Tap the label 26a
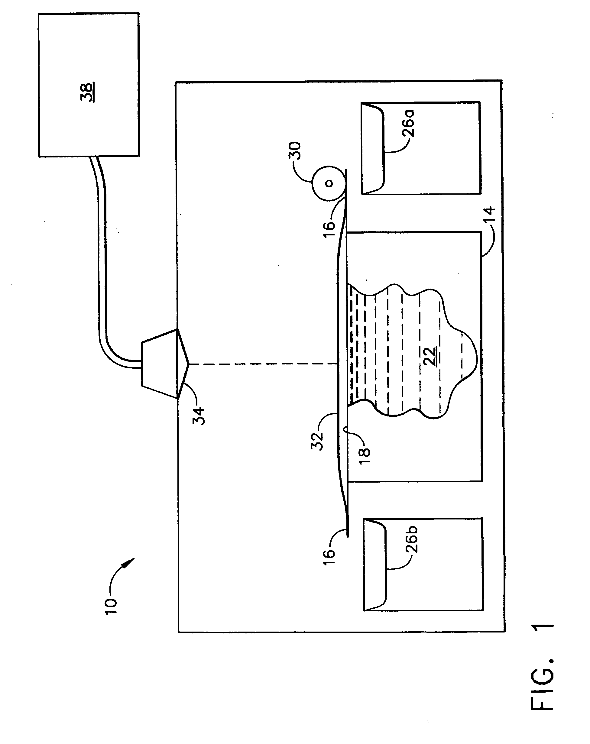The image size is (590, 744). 408,123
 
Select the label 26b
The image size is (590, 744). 411,539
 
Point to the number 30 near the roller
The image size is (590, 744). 295,150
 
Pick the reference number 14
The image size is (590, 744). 490,214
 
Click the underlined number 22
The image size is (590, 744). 430,356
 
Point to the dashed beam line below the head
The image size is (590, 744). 262,363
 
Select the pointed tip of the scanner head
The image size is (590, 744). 188,363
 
